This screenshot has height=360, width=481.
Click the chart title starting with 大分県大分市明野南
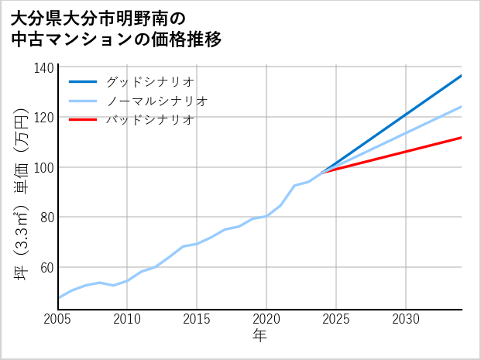pyautogui.click(x=116, y=29)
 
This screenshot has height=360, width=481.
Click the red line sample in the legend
pyautogui.click(x=83, y=120)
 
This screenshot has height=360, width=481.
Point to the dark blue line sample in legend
pyautogui.click(x=83, y=81)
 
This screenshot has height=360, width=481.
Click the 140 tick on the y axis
pyautogui.click(x=45, y=68)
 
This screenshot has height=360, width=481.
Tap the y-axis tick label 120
pyautogui.click(x=45, y=118)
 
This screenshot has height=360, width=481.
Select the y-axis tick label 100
pyautogui.click(x=45, y=167)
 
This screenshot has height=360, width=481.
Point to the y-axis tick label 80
pyautogui.click(x=47, y=218)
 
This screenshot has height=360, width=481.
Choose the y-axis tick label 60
pyautogui.click(x=47, y=267)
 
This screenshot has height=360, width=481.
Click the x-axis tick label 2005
pyautogui.click(x=57, y=319)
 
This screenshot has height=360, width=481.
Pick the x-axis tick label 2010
pyautogui.click(x=127, y=319)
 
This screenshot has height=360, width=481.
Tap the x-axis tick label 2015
pyautogui.click(x=197, y=319)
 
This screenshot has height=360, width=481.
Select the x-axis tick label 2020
pyautogui.click(x=266, y=319)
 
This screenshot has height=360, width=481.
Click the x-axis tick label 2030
pyautogui.click(x=406, y=319)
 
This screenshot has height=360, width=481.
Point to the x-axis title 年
pyautogui.click(x=260, y=336)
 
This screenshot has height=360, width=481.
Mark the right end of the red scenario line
pyautogui.click(x=462, y=137)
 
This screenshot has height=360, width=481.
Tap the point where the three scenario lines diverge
pyautogui.click(x=322, y=171)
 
